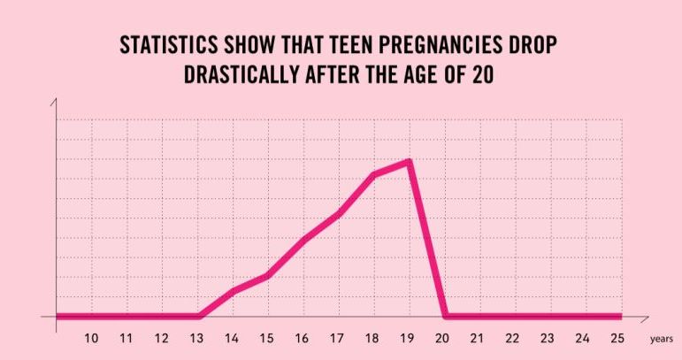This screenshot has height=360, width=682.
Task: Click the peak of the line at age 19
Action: click(409, 161)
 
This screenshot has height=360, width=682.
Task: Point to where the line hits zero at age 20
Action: click(445, 316)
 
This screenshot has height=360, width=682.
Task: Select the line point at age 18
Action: click(374, 174)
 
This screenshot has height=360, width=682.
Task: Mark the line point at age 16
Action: click(303, 240)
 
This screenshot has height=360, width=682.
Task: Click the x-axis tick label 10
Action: click(91, 338)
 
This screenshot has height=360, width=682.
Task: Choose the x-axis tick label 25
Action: click(617, 338)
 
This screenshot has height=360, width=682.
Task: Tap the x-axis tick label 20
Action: click(442, 338)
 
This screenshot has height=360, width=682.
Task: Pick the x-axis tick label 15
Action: click(266, 338)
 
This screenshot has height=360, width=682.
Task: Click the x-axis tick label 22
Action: click(512, 338)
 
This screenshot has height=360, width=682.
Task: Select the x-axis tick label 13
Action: click(196, 338)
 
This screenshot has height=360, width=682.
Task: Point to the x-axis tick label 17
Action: click(336, 338)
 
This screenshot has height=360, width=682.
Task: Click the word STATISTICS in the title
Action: click(165, 46)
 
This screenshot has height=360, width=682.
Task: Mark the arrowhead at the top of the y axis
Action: click(56, 103)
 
